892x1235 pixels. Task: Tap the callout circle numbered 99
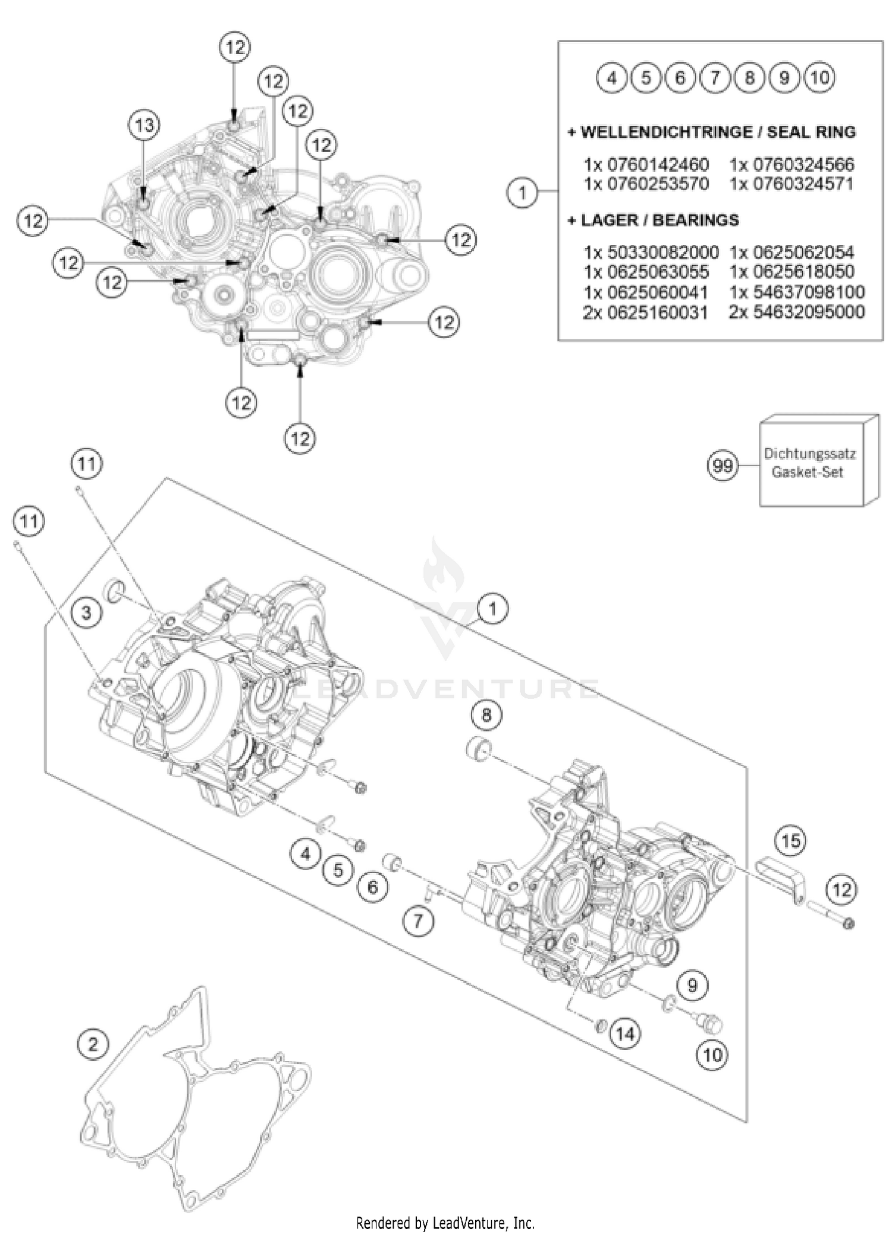(722, 465)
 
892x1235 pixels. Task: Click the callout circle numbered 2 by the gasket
(93, 1044)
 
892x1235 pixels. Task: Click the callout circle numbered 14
(625, 1034)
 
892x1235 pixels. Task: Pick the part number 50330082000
(662, 253)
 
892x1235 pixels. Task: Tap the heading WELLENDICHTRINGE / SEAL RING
(712, 132)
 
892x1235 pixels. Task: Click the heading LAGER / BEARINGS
(654, 220)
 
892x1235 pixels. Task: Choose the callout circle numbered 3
(87, 612)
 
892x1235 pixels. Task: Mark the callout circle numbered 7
(418, 921)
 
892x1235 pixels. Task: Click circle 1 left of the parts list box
(523, 193)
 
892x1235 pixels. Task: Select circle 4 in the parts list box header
(612, 77)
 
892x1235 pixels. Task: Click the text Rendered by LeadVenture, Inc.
(445, 1223)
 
